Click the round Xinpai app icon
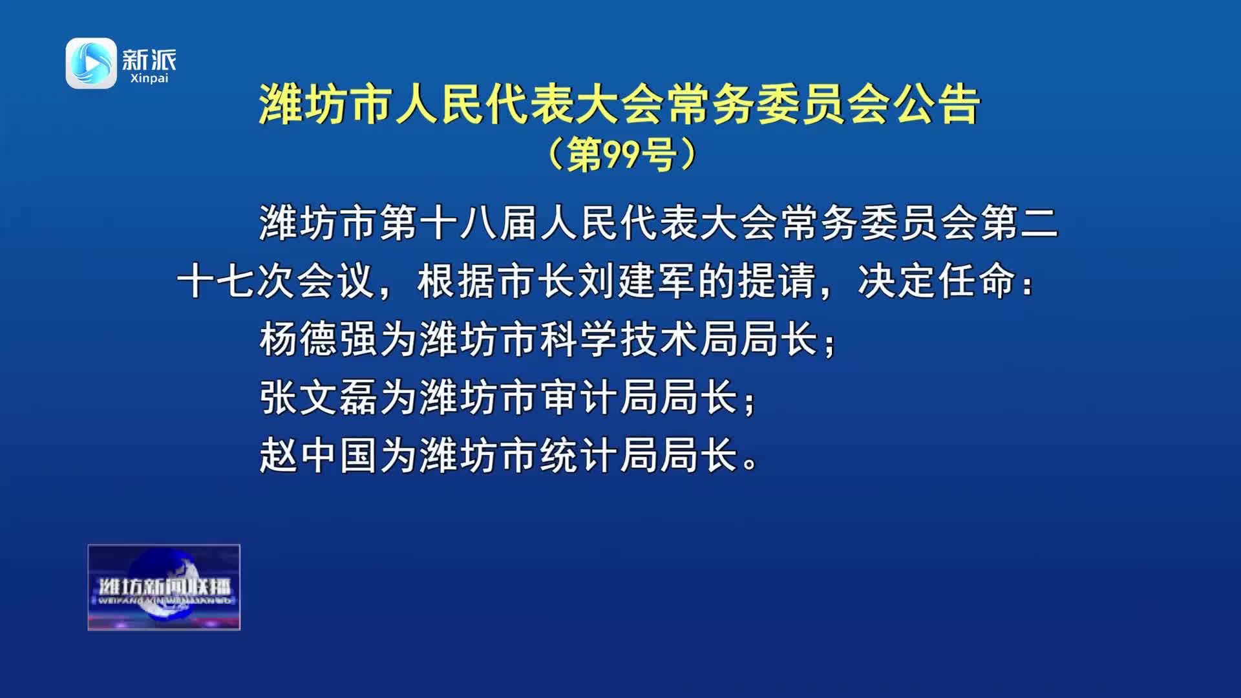[91, 63]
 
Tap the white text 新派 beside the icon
[149, 60]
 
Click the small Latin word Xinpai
[149, 78]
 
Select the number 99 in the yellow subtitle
[621, 154]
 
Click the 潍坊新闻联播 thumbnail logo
[164, 587]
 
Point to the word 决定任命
[937, 281]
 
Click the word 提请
[777, 281]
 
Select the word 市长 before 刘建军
[538, 281]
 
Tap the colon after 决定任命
[1028, 284]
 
